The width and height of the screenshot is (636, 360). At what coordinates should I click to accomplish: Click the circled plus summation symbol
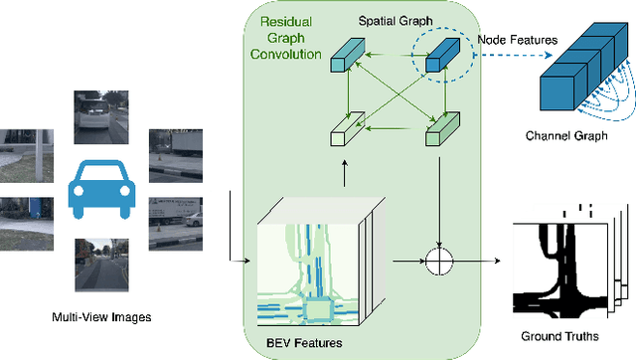click(437, 264)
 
